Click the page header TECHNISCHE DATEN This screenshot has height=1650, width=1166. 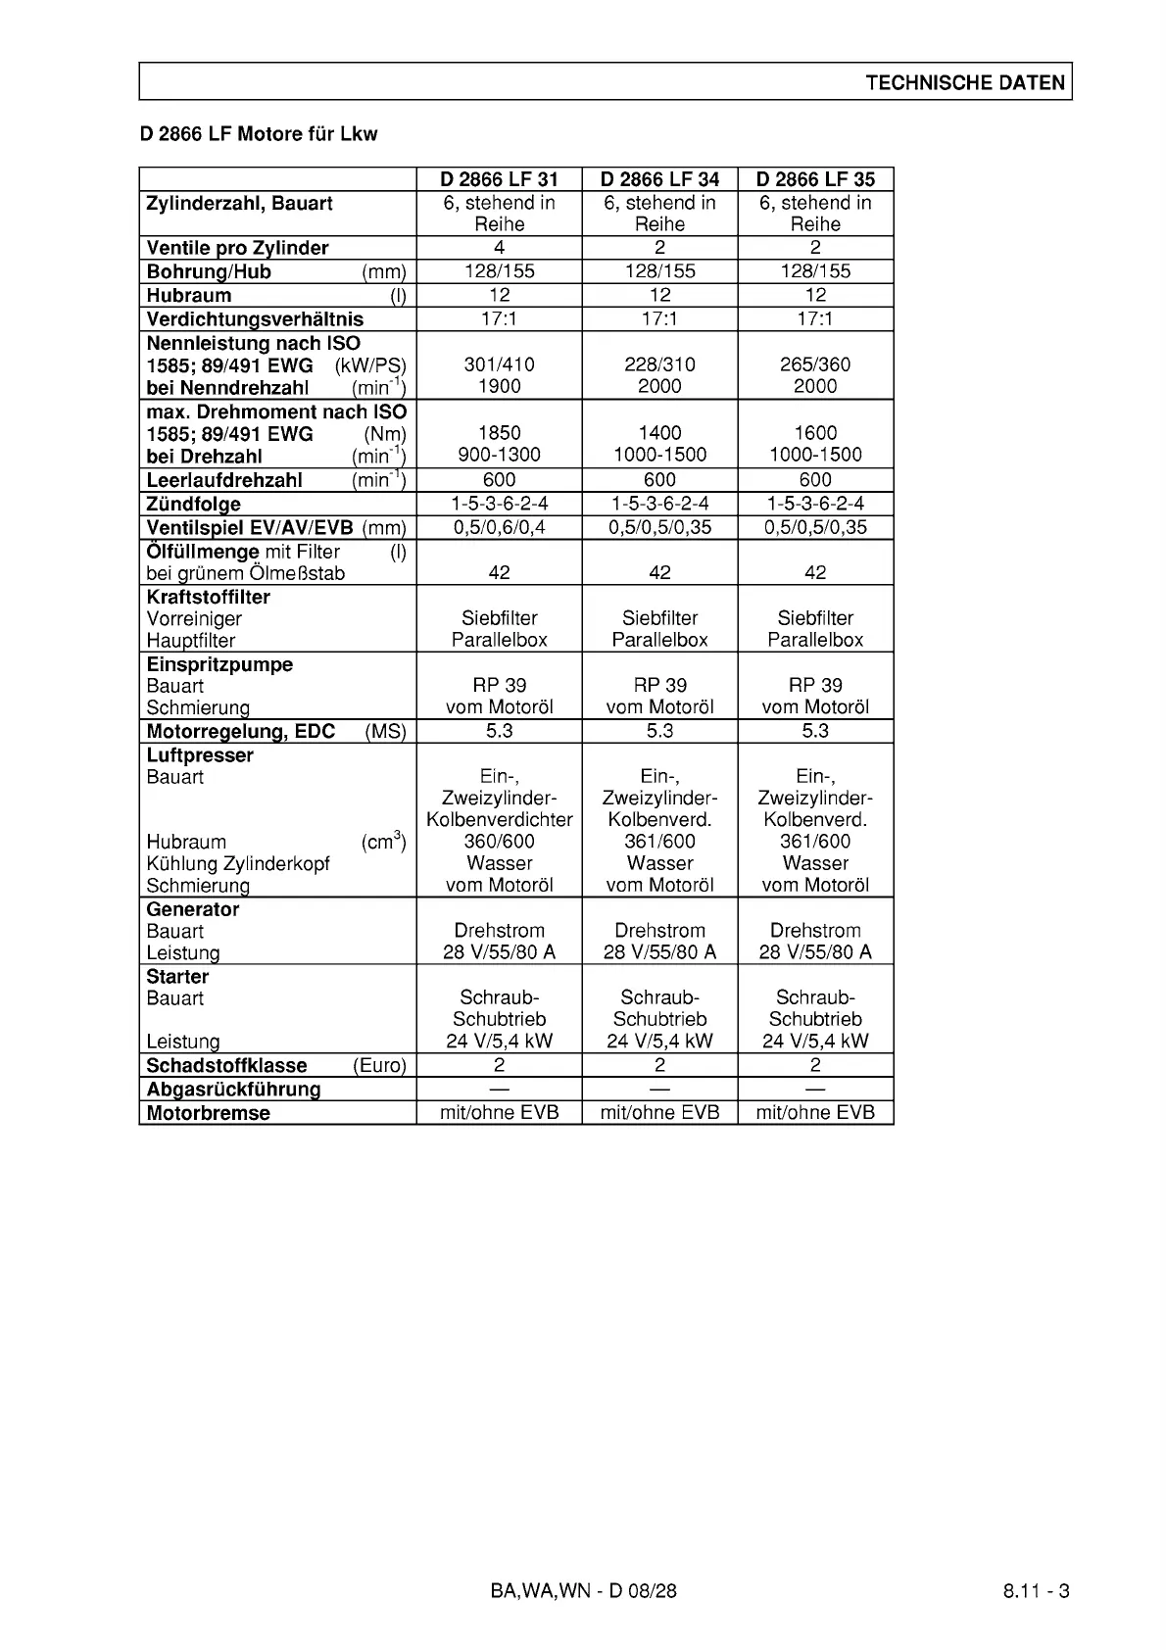[964, 82]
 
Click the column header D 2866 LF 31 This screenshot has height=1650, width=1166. [499, 179]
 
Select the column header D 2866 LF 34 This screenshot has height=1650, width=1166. [659, 179]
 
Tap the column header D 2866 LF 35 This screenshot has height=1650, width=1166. [815, 179]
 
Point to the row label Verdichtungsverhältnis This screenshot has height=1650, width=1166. [255, 319]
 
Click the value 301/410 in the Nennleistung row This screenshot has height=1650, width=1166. [499, 364]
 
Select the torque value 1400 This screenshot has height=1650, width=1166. [659, 433]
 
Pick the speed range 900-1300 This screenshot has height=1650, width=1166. [499, 455]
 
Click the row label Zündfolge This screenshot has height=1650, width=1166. [194, 505]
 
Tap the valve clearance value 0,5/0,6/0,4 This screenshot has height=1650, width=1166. [499, 527]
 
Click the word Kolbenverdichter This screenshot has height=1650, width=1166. [499, 820]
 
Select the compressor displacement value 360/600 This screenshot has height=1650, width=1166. [499, 842]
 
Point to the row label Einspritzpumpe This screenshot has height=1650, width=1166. [219, 664]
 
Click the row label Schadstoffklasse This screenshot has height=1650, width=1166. [226, 1066]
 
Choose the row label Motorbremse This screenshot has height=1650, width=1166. [208, 1113]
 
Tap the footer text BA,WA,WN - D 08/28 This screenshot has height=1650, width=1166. [583, 1591]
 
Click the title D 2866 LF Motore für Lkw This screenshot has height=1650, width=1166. [259, 134]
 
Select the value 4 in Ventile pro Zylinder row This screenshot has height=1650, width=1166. [499, 248]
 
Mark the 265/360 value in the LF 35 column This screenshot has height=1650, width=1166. [815, 364]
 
